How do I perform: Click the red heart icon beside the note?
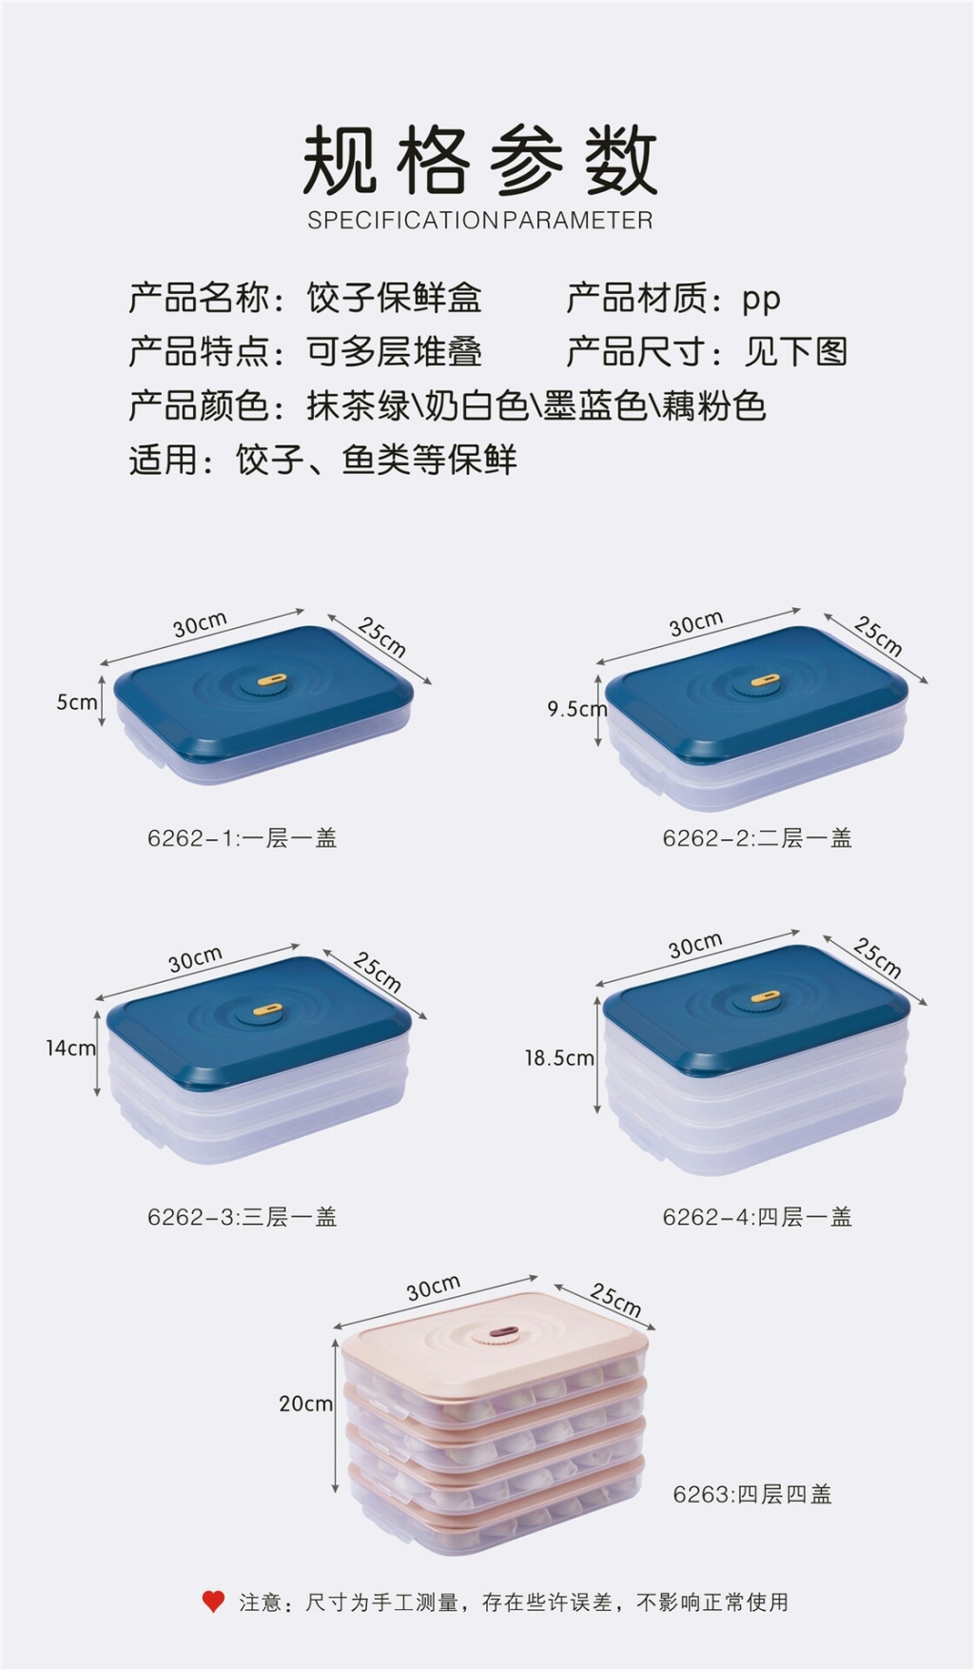(213, 1601)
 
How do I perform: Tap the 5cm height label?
(77, 702)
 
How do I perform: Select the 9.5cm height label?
(576, 709)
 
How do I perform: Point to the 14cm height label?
(70, 1048)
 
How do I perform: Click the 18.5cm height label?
(559, 1057)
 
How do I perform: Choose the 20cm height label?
(305, 1404)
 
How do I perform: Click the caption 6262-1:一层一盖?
(243, 838)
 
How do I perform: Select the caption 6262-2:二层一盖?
(757, 838)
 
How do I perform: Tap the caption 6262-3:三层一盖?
(243, 1217)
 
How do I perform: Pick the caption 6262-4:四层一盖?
(757, 1217)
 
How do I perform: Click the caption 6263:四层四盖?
(752, 1495)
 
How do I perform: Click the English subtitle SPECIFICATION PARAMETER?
(480, 221)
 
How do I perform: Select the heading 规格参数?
(480, 160)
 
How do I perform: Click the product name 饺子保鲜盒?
(394, 298)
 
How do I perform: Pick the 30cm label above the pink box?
(434, 1287)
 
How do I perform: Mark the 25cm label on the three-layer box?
(378, 971)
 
